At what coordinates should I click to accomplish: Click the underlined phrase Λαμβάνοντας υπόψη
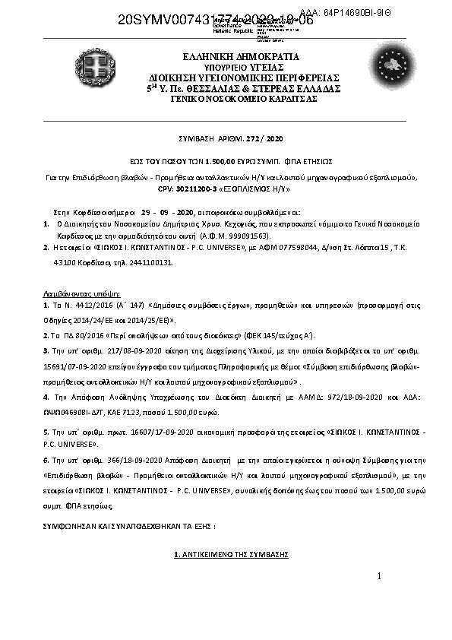[x=79, y=293]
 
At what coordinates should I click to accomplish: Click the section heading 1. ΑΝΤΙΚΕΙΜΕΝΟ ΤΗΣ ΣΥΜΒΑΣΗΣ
[x=231, y=556]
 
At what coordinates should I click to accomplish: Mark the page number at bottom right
[x=378, y=578]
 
